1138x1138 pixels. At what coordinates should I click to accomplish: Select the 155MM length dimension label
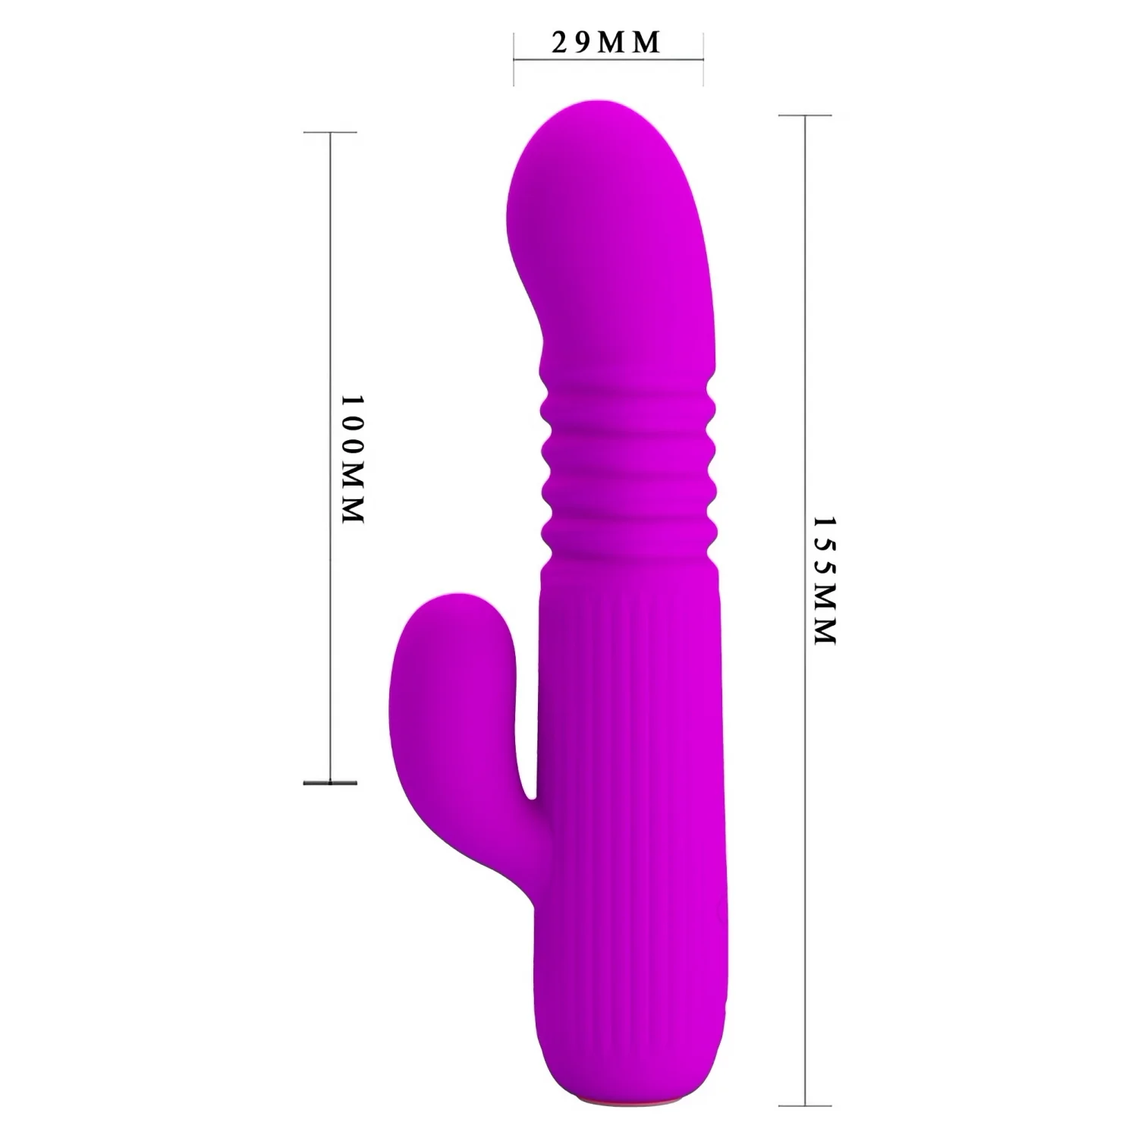[824, 580]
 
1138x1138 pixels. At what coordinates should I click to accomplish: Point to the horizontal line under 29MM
[608, 59]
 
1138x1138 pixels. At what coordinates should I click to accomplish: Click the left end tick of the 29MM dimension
[514, 59]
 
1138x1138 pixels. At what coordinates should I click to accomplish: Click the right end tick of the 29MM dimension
[703, 59]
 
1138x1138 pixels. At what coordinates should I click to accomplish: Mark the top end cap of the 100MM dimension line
[330, 133]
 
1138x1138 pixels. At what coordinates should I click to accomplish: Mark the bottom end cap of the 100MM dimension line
[330, 782]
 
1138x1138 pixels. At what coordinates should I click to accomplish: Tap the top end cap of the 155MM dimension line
[805, 115]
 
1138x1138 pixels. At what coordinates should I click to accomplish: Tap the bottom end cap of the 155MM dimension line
[805, 1105]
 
